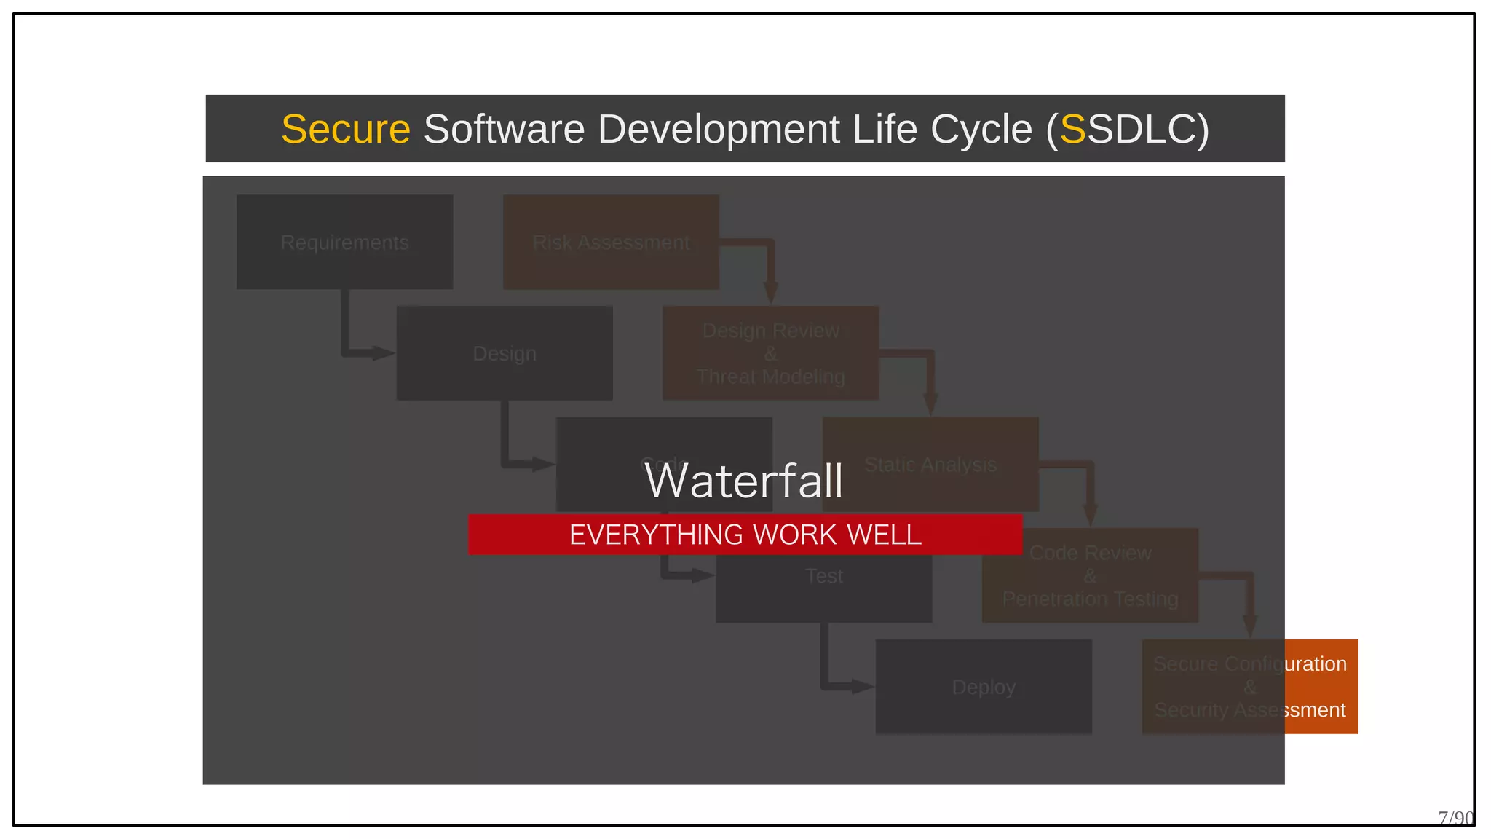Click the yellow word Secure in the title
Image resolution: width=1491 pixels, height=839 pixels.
point(346,130)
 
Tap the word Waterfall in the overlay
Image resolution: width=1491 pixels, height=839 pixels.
point(744,481)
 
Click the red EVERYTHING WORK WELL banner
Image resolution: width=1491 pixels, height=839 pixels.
point(745,535)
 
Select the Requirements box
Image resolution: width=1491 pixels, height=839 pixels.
point(344,242)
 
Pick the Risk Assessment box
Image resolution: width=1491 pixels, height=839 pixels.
point(611,242)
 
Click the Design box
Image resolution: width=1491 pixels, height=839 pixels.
point(504,353)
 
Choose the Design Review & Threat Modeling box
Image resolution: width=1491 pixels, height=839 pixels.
point(770,353)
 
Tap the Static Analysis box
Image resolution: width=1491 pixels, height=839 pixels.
point(930,464)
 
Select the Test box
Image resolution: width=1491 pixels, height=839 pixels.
point(823,586)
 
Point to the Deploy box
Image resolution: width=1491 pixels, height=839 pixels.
point(983,687)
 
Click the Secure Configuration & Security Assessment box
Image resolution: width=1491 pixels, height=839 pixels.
point(1249,687)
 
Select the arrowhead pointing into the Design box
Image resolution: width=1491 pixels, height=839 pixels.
point(383,354)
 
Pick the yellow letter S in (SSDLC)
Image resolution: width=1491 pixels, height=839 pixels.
point(1072,130)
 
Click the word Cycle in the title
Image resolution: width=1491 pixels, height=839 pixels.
point(981,130)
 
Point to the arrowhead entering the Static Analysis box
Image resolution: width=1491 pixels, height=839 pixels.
point(930,405)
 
